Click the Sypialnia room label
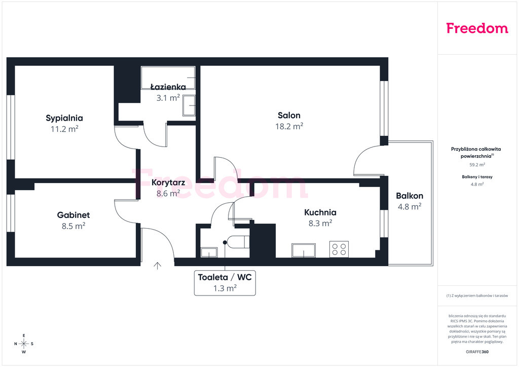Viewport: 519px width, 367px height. (x=64, y=118)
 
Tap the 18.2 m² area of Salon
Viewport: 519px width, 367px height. (x=289, y=126)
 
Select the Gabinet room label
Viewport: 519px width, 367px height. (x=73, y=215)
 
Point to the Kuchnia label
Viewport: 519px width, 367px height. (x=320, y=212)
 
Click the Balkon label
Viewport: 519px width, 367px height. (x=410, y=196)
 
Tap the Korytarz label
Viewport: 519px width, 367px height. (x=168, y=182)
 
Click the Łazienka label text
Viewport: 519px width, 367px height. (x=168, y=87)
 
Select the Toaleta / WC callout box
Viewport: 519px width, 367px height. (x=225, y=283)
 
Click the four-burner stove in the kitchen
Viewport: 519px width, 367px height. (x=339, y=249)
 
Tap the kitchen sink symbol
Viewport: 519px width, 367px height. (x=304, y=250)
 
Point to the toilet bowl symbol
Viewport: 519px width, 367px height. (x=239, y=242)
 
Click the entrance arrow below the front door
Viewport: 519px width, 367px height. (x=157, y=266)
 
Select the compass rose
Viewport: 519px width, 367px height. (x=24, y=344)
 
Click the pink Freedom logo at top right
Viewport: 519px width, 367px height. (x=477, y=28)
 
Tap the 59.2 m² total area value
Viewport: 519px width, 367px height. (x=477, y=164)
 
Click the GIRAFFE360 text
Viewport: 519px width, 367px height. (x=477, y=352)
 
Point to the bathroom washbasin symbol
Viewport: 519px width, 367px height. (x=189, y=105)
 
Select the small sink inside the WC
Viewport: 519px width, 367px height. (x=209, y=252)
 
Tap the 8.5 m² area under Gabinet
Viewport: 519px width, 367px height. (x=73, y=226)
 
